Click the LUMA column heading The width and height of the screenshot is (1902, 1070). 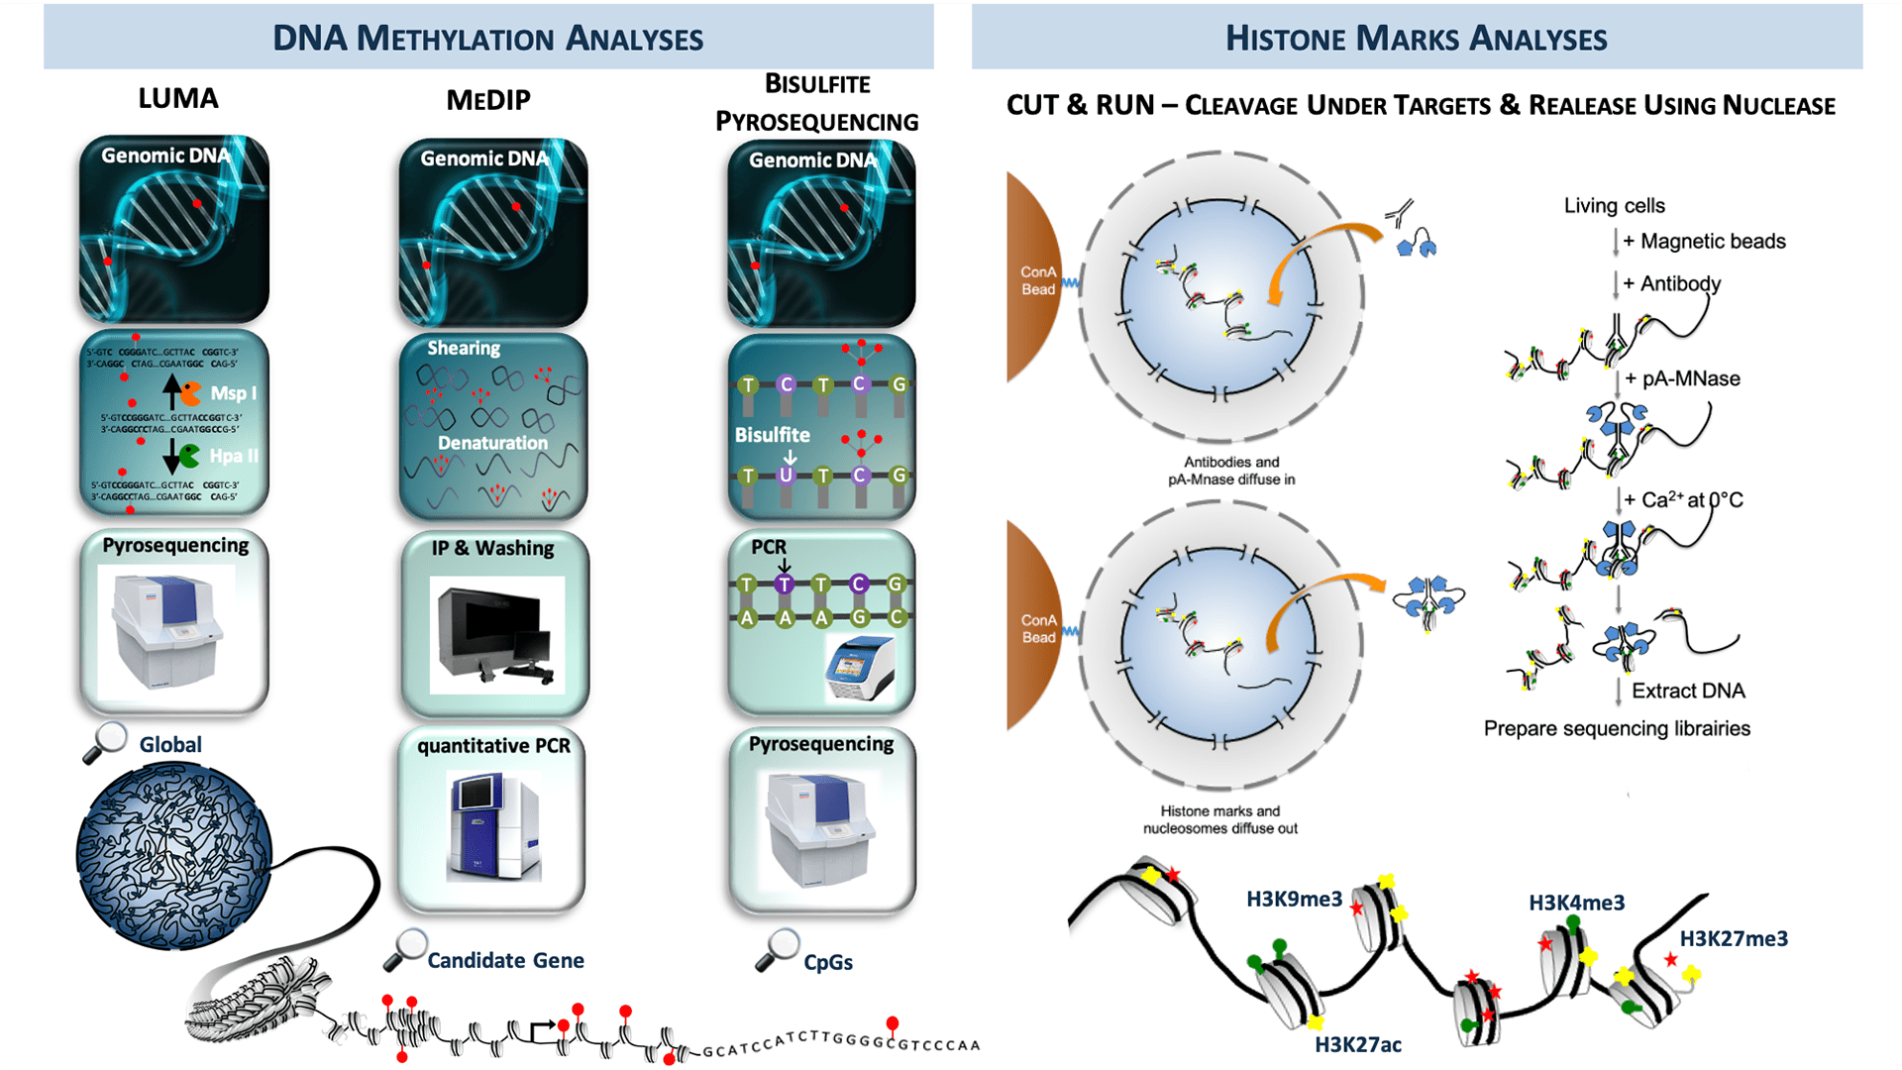(178, 98)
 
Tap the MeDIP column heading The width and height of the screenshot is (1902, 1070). (488, 100)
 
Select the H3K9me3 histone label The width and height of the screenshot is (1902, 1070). (1294, 899)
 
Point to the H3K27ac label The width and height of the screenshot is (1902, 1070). (1357, 1044)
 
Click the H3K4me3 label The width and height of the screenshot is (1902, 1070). (1576, 903)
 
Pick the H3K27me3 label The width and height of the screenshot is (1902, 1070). (1734, 938)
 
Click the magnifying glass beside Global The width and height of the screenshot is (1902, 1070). (105, 742)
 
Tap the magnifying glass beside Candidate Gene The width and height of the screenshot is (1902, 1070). (405, 949)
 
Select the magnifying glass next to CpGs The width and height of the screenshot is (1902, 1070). (778, 950)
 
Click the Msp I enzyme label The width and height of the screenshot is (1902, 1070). (233, 393)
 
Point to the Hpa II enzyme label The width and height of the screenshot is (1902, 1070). (234, 456)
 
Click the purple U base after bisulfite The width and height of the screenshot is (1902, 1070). (786, 475)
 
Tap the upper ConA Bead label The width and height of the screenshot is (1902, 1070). (1038, 280)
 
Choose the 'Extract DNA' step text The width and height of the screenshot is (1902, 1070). (1688, 691)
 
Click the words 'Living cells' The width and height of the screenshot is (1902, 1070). (1614, 205)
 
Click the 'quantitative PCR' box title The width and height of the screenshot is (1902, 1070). (493, 745)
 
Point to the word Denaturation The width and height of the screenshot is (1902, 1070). (492, 443)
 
